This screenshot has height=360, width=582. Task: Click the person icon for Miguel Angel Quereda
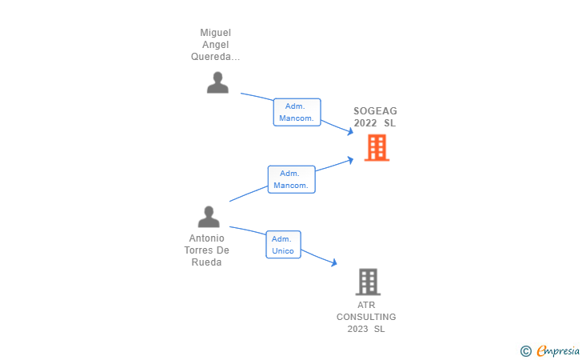pos(217,82)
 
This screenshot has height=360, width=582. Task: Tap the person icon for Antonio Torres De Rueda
pos(209,217)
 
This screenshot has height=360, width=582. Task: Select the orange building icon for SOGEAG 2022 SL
pos(377,147)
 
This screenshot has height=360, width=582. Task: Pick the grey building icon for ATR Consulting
pos(368,282)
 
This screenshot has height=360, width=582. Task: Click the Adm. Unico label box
pos(283,245)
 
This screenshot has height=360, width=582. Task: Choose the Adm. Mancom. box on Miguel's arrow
pos(297,112)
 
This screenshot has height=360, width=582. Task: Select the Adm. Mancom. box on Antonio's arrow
pos(291,179)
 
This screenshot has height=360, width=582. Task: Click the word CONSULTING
pos(366,317)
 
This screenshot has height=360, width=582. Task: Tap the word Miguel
pos(215,33)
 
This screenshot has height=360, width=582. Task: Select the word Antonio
pos(206,238)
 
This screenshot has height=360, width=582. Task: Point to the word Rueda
pos(206,262)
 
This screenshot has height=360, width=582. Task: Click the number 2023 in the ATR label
pos(357,329)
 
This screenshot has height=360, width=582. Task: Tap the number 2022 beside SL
pos(365,123)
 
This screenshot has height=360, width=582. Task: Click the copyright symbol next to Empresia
pos(525,350)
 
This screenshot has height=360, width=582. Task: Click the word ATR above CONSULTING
pos(366,305)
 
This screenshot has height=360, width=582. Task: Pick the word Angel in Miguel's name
pos(215,45)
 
